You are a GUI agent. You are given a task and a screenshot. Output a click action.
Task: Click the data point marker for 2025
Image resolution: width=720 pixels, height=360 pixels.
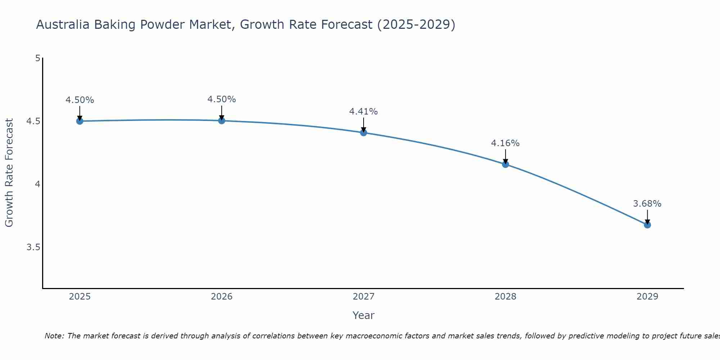click(80, 121)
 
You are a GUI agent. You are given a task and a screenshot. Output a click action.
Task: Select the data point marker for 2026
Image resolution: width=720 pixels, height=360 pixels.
click(222, 121)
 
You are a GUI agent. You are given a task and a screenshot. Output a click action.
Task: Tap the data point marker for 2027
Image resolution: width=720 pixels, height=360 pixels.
click(364, 132)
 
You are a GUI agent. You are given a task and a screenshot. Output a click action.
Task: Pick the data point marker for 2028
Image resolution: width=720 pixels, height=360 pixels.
click(505, 165)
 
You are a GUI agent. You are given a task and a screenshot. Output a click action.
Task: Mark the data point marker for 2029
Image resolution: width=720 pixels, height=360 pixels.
click(647, 225)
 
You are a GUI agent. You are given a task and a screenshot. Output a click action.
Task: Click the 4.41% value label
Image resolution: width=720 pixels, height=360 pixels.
click(363, 112)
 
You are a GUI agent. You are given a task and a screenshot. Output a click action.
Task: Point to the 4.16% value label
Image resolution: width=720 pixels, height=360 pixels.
click(505, 143)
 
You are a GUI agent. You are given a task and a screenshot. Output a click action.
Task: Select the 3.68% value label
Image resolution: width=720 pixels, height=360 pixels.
click(647, 204)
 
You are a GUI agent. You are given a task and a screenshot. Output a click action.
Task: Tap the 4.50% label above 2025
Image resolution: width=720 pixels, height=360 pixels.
click(80, 100)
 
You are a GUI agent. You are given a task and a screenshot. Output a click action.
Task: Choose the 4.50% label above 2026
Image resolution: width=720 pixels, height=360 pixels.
click(221, 99)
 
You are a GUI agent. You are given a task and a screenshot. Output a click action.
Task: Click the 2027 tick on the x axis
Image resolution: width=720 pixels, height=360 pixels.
click(364, 297)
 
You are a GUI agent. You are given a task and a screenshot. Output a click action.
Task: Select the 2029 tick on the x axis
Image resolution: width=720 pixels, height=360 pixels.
click(647, 297)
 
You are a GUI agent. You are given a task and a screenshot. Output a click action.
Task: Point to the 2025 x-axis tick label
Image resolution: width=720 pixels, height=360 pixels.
click(80, 297)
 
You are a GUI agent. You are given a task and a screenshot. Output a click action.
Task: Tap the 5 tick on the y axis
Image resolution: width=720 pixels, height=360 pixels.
click(37, 58)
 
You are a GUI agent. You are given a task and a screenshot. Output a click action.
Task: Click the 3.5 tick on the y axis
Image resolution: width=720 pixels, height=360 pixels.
click(33, 247)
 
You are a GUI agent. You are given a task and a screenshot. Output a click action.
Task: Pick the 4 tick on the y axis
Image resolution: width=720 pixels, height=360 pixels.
click(37, 184)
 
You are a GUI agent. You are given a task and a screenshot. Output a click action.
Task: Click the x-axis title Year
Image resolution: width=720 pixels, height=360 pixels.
click(363, 315)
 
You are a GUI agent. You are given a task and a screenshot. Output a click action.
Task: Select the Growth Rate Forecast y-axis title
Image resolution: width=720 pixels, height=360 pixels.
click(9, 173)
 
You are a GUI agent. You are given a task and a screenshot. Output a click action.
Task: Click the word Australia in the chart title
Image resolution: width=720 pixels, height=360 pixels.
click(63, 24)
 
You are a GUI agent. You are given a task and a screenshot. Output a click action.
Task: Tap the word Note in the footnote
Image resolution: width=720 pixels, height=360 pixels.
click(54, 336)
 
